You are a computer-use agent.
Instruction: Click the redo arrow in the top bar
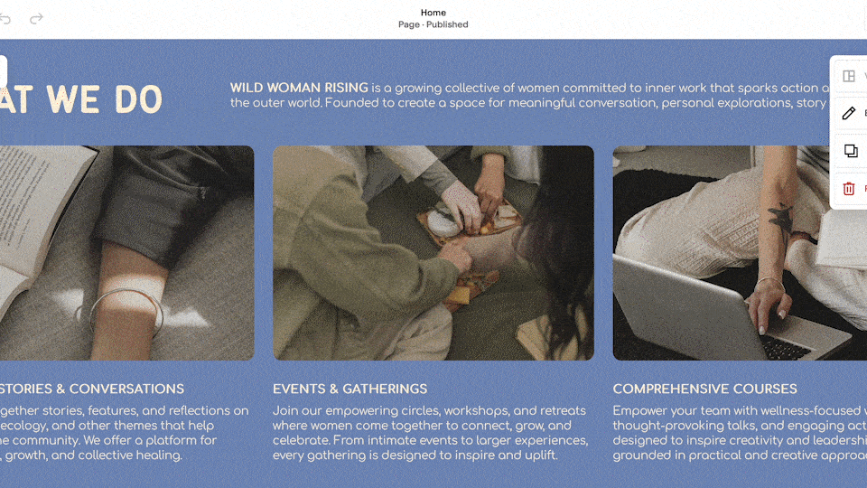[x=36, y=19]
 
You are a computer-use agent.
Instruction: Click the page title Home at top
[x=433, y=13]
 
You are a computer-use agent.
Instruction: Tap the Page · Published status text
[x=433, y=25]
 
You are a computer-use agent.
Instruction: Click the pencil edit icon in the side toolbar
[x=849, y=113]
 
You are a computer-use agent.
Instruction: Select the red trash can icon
[x=849, y=188]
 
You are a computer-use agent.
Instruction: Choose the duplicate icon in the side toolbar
[x=850, y=151]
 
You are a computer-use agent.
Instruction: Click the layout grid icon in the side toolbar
[x=849, y=76]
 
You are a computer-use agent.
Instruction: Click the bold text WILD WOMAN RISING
[x=299, y=88]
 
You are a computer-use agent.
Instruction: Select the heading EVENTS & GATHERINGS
[x=350, y=389]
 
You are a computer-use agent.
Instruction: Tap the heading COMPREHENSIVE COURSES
[x=704, y=389]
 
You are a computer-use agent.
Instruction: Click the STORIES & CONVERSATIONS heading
[x=90, y=389]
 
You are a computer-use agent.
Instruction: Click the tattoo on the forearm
[x=779, y=217]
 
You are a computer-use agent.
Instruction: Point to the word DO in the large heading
[x=138, y=100]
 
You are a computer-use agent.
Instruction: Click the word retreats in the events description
[x=559, y=410]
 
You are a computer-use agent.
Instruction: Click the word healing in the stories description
[x=156, y=455]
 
